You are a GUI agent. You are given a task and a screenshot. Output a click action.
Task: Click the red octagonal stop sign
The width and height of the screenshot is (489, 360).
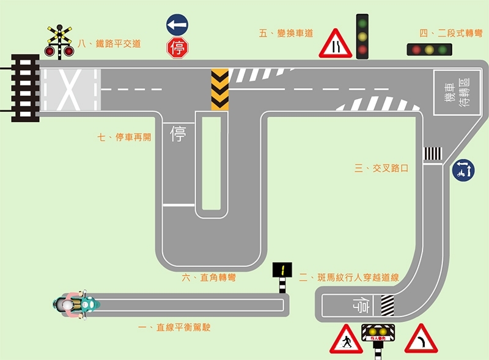pos(177,48)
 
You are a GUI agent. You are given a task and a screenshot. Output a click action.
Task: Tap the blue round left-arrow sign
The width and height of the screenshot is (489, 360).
pos(177,26)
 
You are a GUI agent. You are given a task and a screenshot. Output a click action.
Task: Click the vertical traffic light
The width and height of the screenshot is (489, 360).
pos(362,36)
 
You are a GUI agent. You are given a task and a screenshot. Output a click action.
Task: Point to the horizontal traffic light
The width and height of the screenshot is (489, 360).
pos(429,50)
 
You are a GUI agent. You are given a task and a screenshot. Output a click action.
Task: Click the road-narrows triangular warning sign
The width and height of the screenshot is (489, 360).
pos(335,44)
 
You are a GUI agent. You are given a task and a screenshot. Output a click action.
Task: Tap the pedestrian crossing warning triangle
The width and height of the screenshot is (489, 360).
pos(346,340)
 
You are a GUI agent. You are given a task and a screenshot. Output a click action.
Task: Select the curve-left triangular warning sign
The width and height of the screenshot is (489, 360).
pos(421,340)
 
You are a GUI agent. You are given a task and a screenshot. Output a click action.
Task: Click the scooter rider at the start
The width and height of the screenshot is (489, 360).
pos(76,304)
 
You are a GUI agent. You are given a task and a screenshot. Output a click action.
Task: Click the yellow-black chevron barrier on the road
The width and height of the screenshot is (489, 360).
pos(220,90)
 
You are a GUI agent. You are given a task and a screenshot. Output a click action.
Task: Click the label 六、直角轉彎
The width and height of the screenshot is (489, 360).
pos(208,277)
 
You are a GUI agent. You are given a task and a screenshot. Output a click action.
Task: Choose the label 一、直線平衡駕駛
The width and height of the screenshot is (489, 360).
pos(174,328)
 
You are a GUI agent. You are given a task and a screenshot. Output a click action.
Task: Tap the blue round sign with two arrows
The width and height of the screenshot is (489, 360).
pos(463,169)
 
